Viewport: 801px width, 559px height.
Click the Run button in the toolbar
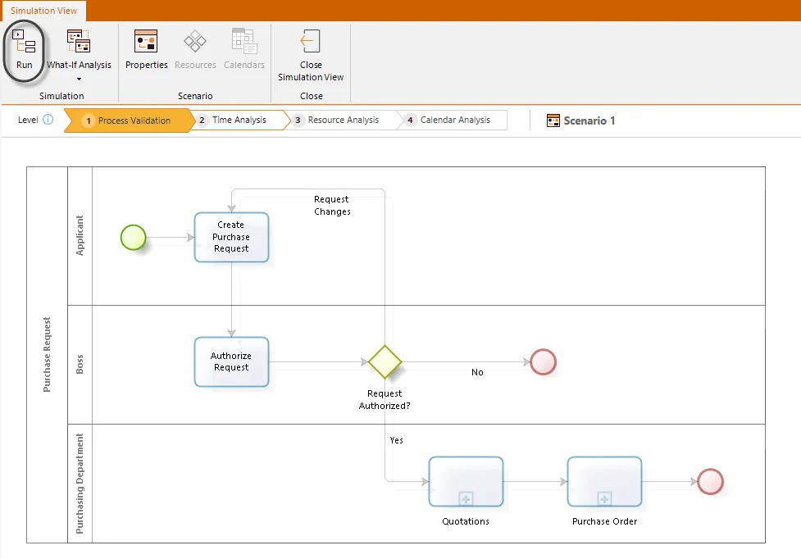pyautogui.click(x=24, y=49)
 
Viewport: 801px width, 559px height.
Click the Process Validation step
pyautogui.click(x=130, y=120)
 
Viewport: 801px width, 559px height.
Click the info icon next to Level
pyautogui.click(x=48, y=120)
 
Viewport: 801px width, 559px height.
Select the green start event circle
pyautogui.click(x=134, y=238)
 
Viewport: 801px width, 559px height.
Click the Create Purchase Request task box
pyautogui.click(x=231, y=238)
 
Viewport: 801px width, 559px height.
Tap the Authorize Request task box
pyautogui.click(x=231, y=362)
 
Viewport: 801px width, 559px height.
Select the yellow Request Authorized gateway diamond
pyautogui.click(x=385, y=362)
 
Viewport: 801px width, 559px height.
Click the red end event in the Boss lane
pyautogui.click(x=543, y=362)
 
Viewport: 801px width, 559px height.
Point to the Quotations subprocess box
pyautogui.click(x=466, y=482)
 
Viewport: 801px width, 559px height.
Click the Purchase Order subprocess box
pyautogui.click(x=604, y=482)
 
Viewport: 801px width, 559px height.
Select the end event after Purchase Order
pyautogui.click(x=711, y=481)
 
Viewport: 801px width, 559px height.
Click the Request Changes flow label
pyautogui.click(x=332, y=205)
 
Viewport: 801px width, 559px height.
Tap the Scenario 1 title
pyautogui.click(x=589, y=120)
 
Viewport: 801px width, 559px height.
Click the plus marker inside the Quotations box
pyautogui.click(x=466, y=499)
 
